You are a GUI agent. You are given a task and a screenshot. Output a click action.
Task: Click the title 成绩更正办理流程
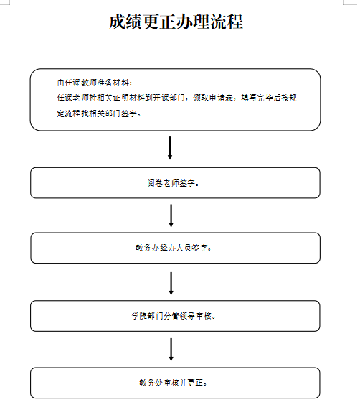tap(176, 22)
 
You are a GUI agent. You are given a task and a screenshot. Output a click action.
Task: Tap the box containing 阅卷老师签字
tap(175, 182)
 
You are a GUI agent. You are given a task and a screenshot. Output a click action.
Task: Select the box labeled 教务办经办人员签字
tap(175, 248)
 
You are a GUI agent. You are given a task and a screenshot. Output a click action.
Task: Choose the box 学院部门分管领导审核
tap(175, 316)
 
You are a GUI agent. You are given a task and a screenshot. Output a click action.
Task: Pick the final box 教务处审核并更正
tap(175, 383)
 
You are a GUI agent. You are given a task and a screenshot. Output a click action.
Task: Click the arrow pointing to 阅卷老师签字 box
tap(170, 148)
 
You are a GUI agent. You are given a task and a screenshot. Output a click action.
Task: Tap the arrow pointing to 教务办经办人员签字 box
tap(171, 215)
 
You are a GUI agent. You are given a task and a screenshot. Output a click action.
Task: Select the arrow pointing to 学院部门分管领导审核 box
tap(171, 284)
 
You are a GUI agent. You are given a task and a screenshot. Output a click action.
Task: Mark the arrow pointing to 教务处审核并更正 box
tap(171, 350)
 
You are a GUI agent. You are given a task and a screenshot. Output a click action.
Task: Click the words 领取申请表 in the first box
tap(213, 98)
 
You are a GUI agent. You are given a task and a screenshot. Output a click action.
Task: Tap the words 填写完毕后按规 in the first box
tap(269, 98)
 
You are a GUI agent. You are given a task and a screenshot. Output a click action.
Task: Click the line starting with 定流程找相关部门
tap(99, 113)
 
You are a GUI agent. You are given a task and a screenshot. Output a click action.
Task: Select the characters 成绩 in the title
tap(125, 22)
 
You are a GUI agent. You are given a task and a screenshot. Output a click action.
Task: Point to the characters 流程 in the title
tap(227, 22)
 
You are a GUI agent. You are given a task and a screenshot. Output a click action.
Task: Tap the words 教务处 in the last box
tap(151, 383)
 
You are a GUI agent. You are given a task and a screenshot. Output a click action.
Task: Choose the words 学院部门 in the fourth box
tap(147, 316)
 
